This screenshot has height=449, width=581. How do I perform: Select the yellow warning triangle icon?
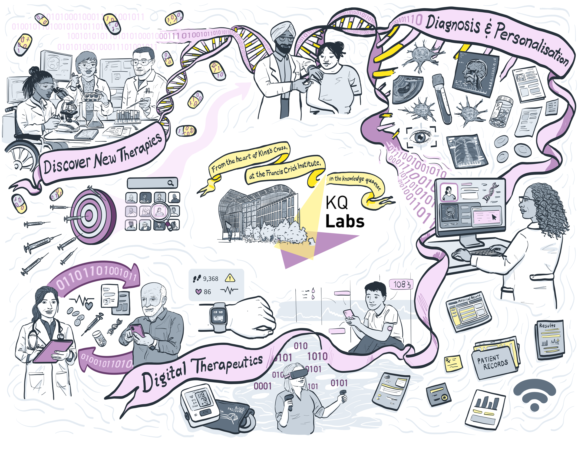230,278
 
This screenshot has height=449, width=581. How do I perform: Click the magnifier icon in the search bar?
171,183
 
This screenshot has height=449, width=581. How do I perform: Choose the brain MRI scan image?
475,73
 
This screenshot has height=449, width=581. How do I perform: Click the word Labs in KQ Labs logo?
345,221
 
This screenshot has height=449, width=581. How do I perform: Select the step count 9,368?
210,278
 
